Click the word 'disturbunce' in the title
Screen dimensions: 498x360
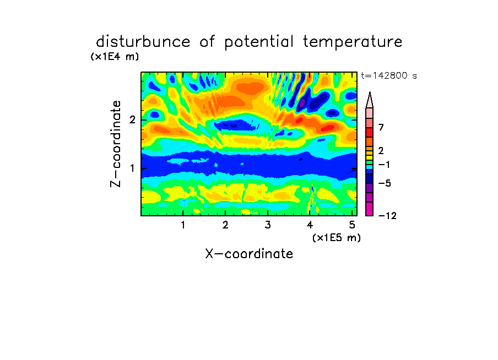coord(143,42)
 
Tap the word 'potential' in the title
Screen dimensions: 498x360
coord(259,42)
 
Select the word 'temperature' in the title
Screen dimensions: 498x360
coord(353,42)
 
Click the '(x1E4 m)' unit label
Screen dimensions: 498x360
coord(115,57)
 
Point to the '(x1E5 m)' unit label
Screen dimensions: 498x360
coord(337,237)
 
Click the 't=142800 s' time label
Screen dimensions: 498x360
coord(389,75)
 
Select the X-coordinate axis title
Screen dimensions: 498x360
coord(249,254)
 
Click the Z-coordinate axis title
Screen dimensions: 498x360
coord(116,144)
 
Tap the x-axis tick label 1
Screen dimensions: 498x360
coord(183,225)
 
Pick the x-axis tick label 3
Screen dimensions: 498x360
coord(268,225)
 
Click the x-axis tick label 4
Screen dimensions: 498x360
coord(310,225)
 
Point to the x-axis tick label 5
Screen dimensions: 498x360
coord(352,225)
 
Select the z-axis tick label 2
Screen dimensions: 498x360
coord(132,120)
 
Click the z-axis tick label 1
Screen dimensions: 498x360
coord(132,168)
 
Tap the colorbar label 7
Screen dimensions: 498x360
coord(381,127)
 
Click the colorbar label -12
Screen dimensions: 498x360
coord(387,216)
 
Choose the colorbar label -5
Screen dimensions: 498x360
coord(385,183)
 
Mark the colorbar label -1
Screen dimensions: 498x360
coord(384,165)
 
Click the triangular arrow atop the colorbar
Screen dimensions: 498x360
coord(370,100)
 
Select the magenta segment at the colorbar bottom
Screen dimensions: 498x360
coord(370,209)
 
